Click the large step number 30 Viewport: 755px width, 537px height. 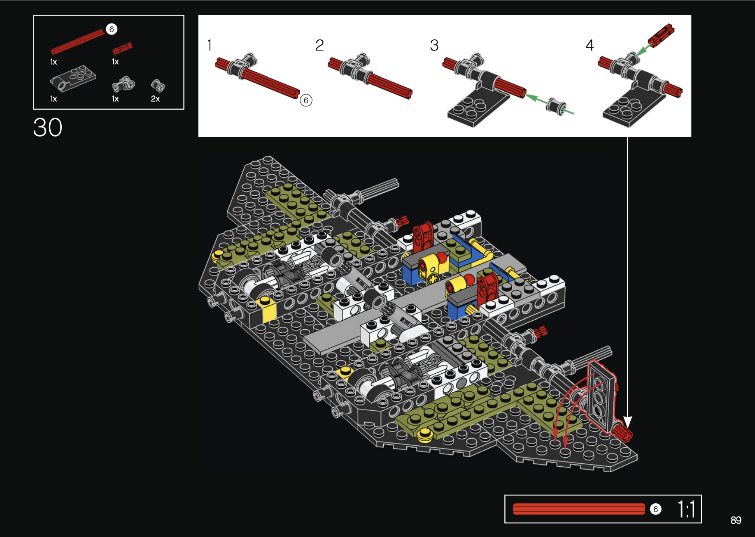[x=48, y=127]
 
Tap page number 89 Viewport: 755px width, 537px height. [x=736, y=520]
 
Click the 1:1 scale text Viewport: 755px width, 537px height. [x=686, y=509]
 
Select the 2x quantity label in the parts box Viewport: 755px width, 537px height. [x=155, y=99]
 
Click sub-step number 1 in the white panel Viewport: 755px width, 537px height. [x=210, y=45]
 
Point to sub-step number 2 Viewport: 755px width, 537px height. [x=319, y=45]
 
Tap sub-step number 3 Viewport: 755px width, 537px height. [x=434, y=45]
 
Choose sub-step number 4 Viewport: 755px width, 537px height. [x=590, y=45]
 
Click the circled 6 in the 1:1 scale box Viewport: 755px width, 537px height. [x=655, y=509]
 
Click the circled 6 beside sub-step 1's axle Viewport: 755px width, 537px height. [x=306, y=100]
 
